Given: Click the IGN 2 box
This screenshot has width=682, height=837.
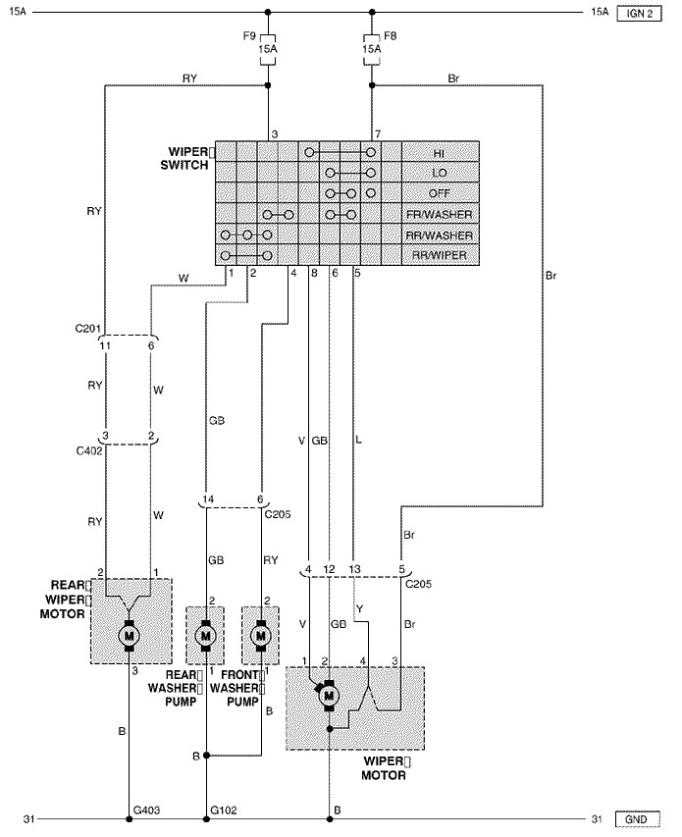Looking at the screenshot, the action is [x=639, y=14].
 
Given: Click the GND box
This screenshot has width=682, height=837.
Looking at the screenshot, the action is [x=638, y=819].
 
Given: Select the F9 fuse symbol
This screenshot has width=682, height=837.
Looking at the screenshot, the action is [x=267, y=50].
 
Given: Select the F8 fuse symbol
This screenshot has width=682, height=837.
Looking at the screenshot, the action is [x=372, y=50].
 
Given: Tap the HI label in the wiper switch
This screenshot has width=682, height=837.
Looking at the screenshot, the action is [x=439, y=154].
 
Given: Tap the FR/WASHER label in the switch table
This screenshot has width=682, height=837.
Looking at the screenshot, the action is [x=440, y=215].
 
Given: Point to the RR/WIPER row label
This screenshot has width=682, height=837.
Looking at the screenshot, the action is [x=440, y=255].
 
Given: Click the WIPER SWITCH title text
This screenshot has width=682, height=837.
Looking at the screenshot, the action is [x=185, y=159].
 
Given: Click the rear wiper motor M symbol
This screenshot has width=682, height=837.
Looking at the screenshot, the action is [x=129, y=635].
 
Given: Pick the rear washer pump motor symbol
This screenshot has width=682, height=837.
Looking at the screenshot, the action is [x=205, y=635].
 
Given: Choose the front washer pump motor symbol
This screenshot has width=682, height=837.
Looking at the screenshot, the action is [x=261, y=635].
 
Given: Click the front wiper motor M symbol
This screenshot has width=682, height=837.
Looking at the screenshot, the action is [x=328, y=696].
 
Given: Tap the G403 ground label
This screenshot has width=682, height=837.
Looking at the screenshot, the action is [x=146, y=811].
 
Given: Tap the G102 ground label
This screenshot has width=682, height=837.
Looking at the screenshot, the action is [x=224, y=811].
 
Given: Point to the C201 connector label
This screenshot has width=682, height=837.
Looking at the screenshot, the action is [x=87, y=328].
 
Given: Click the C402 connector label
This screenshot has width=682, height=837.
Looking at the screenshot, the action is [x=89, y=451].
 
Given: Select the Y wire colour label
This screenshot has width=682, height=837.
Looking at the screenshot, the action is [x=360, y=609].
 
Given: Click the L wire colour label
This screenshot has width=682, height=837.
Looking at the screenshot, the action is [x=358, y=441].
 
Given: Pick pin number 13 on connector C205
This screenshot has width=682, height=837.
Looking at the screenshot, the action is [x=355, y=569].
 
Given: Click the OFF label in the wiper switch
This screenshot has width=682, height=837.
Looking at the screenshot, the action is [x=440, y=193].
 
